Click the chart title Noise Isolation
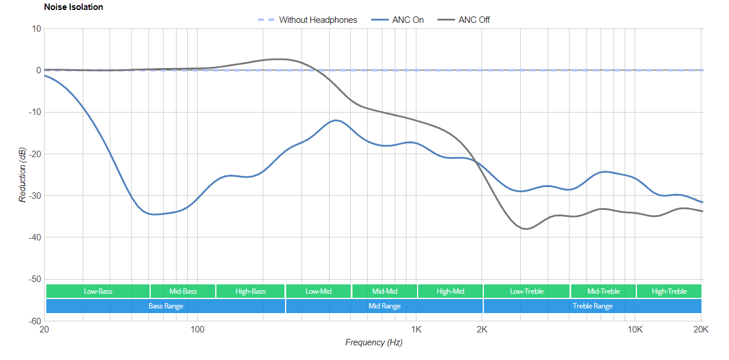(73, 7)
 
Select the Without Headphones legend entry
(317, 20)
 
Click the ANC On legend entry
(408, 20)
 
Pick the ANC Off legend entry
(474, 20)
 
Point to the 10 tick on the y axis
(36, 28)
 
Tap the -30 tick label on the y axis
(34, 196)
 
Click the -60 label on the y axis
(34, 321)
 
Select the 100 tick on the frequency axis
(198, 329)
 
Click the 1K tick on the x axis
(416, 329)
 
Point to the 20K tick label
(701, 329)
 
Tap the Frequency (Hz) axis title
(374, 342)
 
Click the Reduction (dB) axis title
(22, 175)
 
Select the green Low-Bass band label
(98, 291)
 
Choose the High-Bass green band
(250, 291)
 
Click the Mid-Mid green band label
(384, 291)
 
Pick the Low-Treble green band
(527, 291)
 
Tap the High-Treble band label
(669, 291)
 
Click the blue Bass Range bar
(165, 306)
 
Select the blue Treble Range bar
(592, 306)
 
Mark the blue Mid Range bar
(384, 306)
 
